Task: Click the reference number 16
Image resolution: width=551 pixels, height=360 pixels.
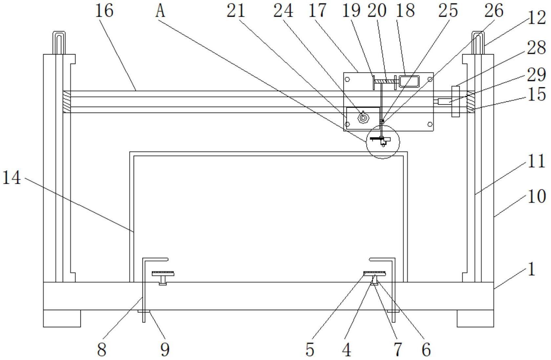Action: (104, 11)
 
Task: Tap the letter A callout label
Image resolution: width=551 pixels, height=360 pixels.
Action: (160, 11)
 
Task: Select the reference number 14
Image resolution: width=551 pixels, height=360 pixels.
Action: (12, 178)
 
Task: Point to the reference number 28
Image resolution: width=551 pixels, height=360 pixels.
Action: (537, 49)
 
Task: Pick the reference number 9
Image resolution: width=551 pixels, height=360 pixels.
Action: (165, 349)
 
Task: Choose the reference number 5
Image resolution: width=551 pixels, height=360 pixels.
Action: (310, 350)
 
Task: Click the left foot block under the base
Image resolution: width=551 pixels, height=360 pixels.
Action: (62, 318)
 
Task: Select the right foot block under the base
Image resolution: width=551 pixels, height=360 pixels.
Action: (475, 318)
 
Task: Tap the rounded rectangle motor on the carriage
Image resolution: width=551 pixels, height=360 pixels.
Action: (409, 81)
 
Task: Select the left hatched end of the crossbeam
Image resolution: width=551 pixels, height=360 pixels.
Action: (66, 102)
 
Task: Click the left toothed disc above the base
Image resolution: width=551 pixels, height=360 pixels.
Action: (163, 273)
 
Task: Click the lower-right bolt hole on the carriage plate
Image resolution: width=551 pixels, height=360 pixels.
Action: (430, 124)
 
